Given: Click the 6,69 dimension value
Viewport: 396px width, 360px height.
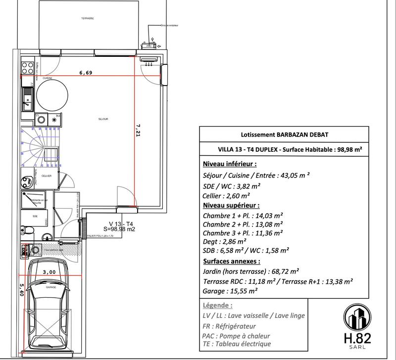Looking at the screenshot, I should pos(86,73).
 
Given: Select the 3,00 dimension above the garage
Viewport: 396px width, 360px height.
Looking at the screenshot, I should pos(49,272).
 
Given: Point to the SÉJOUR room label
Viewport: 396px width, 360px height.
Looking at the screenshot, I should pos(103,119).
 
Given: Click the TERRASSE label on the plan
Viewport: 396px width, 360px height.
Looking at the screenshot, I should pos(88,18).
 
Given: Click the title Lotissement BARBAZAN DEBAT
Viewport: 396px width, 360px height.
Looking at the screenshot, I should pos(284,135).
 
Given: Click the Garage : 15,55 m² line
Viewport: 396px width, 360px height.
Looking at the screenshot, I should pos(230,292).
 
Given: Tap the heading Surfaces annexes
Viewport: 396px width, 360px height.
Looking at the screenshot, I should pos(232,261).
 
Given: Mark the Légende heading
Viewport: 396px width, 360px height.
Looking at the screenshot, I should pos(218,306).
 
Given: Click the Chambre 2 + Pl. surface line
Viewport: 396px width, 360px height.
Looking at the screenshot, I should pos(243,224).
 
